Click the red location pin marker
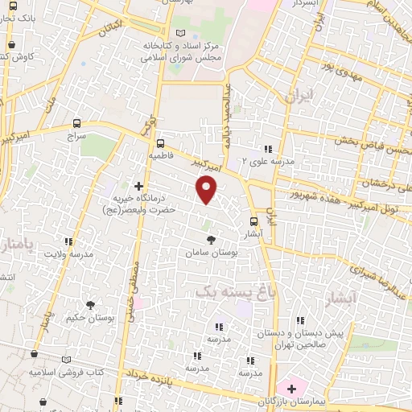click(x=208, y=191)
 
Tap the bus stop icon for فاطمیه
click(x=159, y=137)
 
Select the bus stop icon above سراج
click(x=76, y=124)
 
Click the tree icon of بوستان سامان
click(x=211, y=241)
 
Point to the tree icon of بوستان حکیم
click(x=89, y=304)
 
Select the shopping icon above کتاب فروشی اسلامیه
click(x=34, y=353)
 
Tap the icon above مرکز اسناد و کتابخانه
click(x=179, y=32)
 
